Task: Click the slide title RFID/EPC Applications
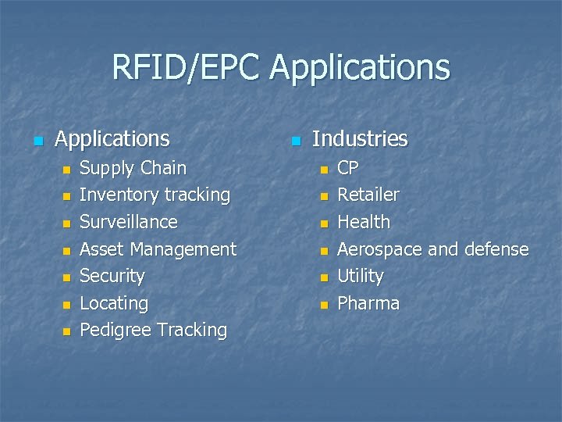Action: click(x=281, y=68)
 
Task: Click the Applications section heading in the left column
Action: click(x=112, y=139)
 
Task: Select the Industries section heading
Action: click(x=359, y=139)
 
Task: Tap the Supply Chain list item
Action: click(x=133, y=168)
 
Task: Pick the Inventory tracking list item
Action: click(x=155, y=195)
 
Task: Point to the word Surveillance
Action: click(x=129, y=222)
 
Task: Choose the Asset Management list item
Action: click(x=158, y=249)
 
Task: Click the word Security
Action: click(x=112, y=276)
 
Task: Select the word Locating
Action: click(x=114, y=303)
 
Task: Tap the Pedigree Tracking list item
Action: click(x=153, y=331)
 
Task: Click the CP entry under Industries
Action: click(x=348, y=168)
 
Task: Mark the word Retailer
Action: click(x=368, y=195)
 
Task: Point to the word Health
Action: click(x=363, y=222)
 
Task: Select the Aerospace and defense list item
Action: click(x=432, y=249)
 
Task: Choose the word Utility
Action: click(x=360, y=276)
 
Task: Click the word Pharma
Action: click(x=368, y=303)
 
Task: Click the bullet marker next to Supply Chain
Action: click(x=66, y=170)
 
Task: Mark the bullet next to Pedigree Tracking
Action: click(x=66, y=332)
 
